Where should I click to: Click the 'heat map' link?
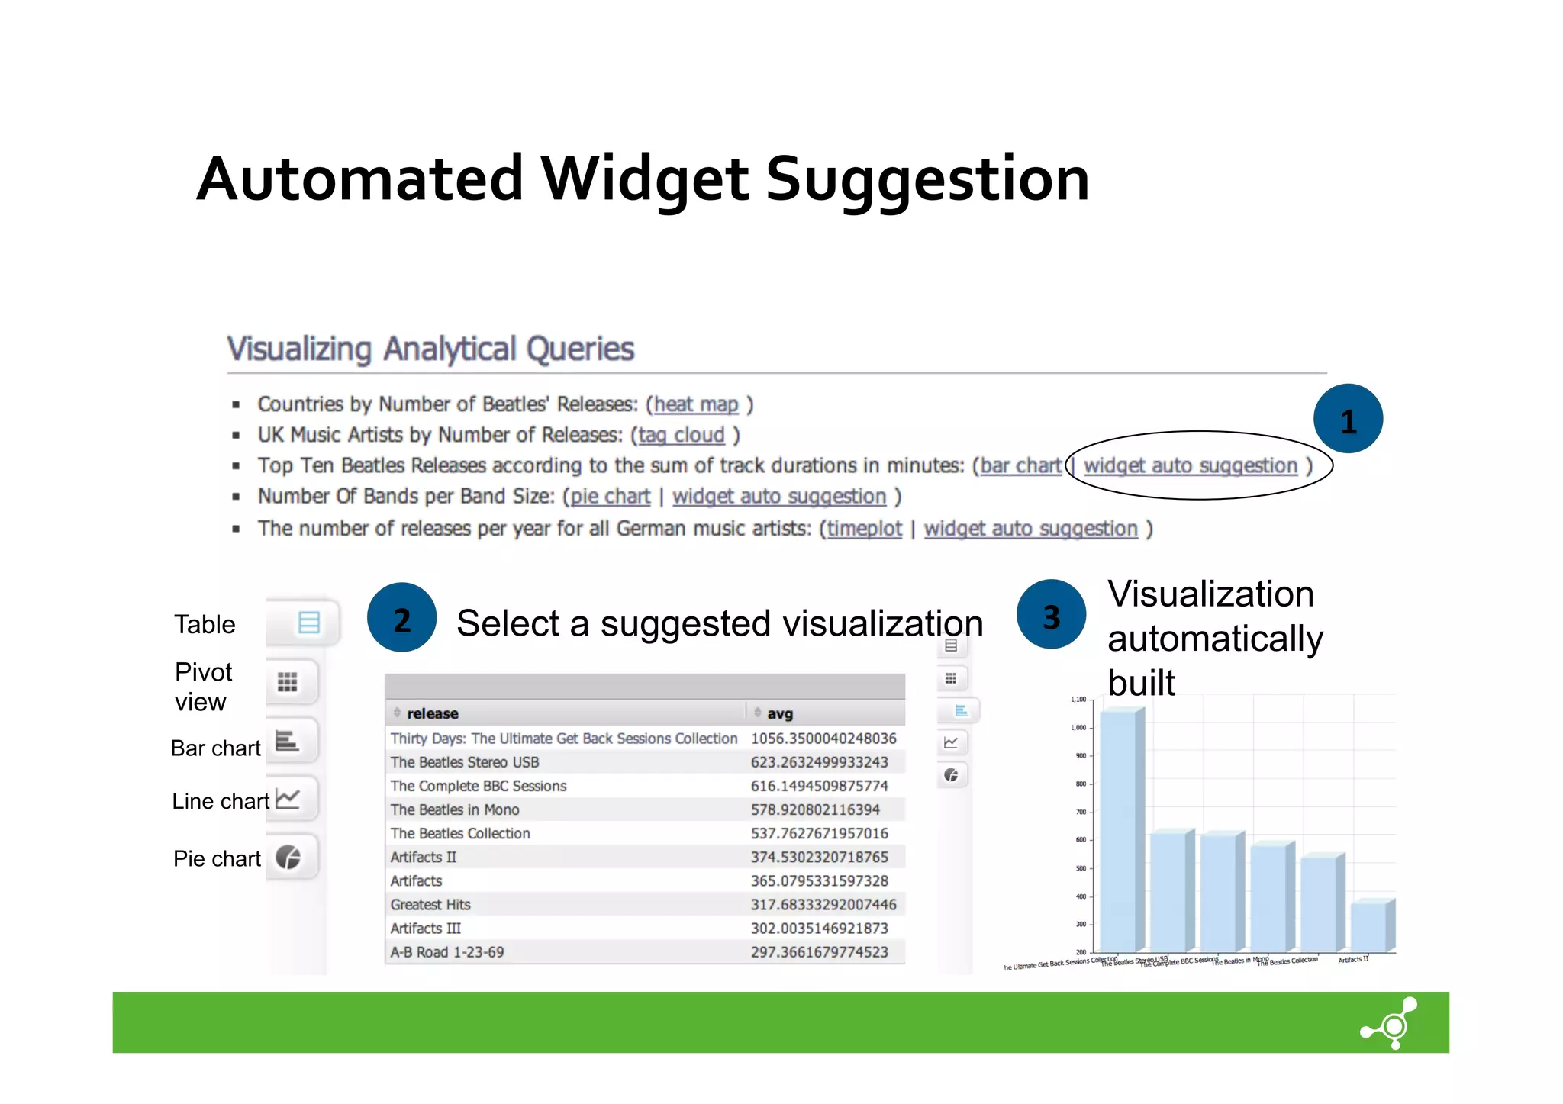point(696,404)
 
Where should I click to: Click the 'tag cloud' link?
point(681,435)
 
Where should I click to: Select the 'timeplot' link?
point(864,529)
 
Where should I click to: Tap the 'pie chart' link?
point(611,497)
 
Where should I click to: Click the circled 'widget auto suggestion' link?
point(1190,465)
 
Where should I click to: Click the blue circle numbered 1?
point(1348,419)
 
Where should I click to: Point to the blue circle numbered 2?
point(401,617)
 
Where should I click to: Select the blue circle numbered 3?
point(1051,614)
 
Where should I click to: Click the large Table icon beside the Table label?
point(308,623)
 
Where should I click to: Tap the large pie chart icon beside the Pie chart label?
point(288,858)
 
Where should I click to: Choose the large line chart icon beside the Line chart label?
point(288,799)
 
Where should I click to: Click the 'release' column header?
point(432,713)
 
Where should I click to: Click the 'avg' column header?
point(779,713)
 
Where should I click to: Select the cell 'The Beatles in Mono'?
point(455,809)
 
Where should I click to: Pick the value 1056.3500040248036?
point(823,739)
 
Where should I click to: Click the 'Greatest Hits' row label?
point(430,905)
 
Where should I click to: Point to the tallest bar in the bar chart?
point(1119,832)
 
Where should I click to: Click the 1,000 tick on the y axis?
point(1078,728)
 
